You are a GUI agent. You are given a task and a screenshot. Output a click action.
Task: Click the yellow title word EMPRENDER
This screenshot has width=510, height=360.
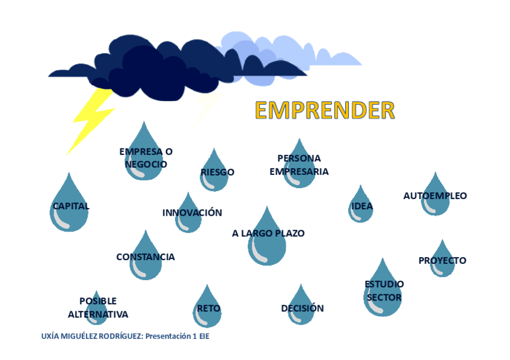tap(325, 110)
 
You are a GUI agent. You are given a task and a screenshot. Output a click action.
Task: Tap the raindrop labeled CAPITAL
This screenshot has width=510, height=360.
tap(69, 207)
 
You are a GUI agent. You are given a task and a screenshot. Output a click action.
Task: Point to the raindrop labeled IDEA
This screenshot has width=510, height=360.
tap(361, 207)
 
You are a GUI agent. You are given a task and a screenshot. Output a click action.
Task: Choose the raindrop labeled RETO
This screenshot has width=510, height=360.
tap(208, 308)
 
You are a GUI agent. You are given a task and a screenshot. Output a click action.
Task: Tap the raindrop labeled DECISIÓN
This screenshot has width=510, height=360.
tap(301, 308)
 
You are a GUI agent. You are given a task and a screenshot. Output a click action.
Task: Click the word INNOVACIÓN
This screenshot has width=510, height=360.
tap(192, 213)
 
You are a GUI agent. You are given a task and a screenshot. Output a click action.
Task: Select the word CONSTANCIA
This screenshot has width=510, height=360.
tap(146, 257)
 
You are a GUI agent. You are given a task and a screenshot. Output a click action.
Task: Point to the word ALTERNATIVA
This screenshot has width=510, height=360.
tap(98, 314)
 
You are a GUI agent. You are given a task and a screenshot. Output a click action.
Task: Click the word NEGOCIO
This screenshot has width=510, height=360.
tap(146, 164)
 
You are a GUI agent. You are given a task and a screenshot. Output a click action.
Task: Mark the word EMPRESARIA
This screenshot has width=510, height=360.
tap(299, 171)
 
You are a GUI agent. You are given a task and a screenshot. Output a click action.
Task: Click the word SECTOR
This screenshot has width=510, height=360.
tap(384, 297)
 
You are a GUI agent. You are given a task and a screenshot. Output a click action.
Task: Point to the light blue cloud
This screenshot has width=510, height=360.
tap(313, 51)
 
